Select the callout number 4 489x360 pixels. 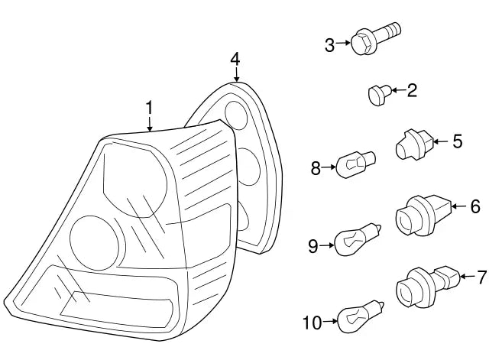pyautogui.click(x=235, y=59)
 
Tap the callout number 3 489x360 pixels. pyautogui.click(x=330, y=45)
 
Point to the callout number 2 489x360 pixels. pyautogui.click(x=412, y=92)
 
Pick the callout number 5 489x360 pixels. pyautogui.click(x=457, y=141)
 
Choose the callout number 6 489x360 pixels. pyautogui.click(x=474, y=206)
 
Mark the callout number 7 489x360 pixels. pyautogui.click(x=481, y=276)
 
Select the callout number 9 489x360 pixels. pyautogui.click(x=313, y=245)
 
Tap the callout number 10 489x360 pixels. pyautogui.click(x=312, y=323)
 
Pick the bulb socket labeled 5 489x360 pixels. pyautogui.click(x=413, y=144)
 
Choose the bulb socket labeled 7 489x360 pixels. pyautogui.click(x=425, y=285)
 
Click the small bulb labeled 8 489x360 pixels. pyautogui.click(x=358, y=164)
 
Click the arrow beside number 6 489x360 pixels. pyautogui.click(x=458, y=206)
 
